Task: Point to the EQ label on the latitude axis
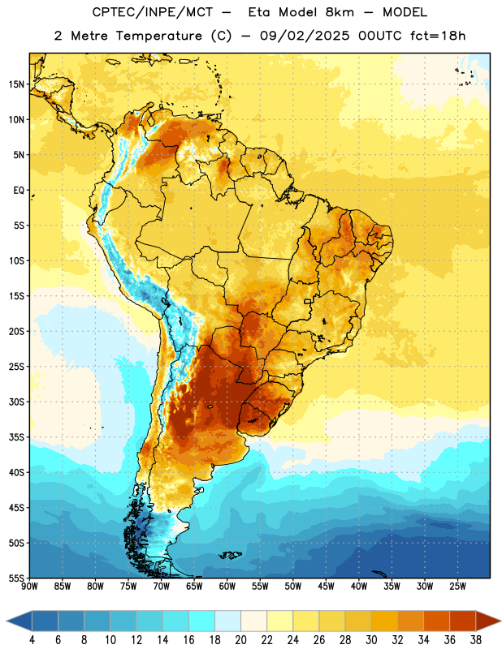(19, 191)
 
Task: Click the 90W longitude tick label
(29, 587)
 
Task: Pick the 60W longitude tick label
(227, 587)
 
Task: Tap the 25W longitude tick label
(457, 587)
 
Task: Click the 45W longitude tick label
(327, 587)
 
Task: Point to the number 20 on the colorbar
(240, 640)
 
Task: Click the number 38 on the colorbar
(476, 640)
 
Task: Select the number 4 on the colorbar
(32, 640)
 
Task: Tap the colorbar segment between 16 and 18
(202, 621)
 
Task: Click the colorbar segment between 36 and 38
(463, 621)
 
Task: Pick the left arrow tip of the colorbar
(6, 621)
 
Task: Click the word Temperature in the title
(158, 36)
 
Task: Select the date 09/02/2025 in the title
(305, 36)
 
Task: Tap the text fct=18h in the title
(438, 36)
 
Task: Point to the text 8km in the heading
(340, 12)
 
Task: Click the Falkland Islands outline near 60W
(230, 555)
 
